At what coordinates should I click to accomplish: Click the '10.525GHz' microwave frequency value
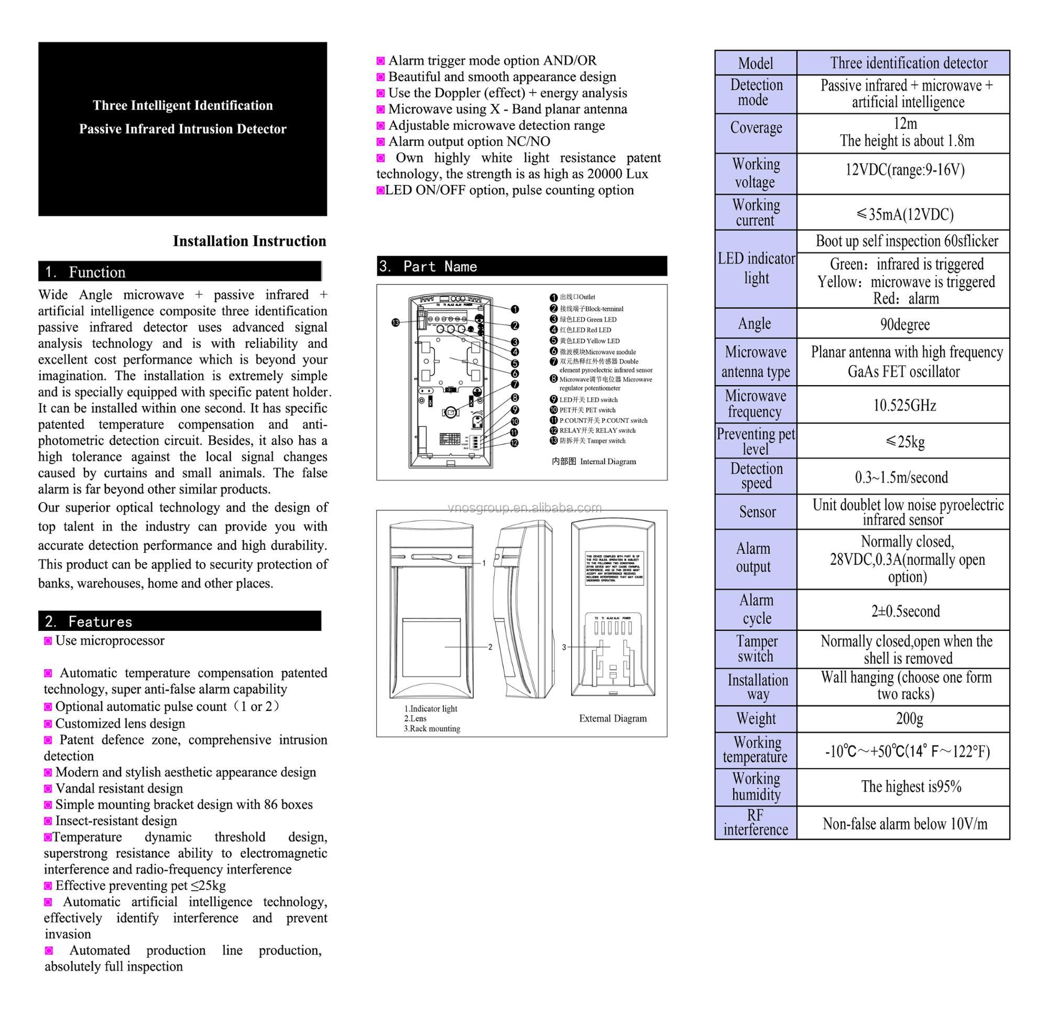click(904, 406)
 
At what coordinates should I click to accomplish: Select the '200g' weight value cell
click(909, 718)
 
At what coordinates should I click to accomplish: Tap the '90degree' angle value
click(905, 324)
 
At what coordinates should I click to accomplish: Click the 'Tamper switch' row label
click(756, 649)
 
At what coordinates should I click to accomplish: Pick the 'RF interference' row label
click(756, 823)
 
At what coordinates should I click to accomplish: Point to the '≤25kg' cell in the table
click(905, 441)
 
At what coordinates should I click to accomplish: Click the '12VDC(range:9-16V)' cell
click(905, 170)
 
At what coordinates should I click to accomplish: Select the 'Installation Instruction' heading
click(249, 241)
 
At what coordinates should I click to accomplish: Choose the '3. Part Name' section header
click(428, 266)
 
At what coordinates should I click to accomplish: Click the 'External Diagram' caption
click(613, 718)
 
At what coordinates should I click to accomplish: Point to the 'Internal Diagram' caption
click(594, 462)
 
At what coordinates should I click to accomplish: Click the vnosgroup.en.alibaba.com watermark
click(525, 507)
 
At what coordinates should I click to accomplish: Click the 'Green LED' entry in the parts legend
click(587, 319)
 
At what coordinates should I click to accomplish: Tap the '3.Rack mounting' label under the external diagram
click(432, 728)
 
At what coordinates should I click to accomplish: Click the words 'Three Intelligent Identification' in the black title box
click(183, 105)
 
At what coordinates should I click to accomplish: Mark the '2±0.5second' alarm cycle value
click(905, 610)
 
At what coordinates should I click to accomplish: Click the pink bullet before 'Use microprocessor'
click(48, 641)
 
